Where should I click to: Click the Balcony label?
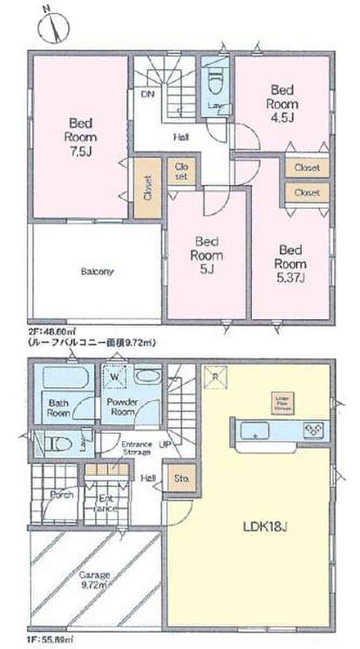pos(96,271)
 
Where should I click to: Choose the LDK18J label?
pos(265,527)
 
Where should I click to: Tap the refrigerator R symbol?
pos(215,376)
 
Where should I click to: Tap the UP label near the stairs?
pos(164,445)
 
